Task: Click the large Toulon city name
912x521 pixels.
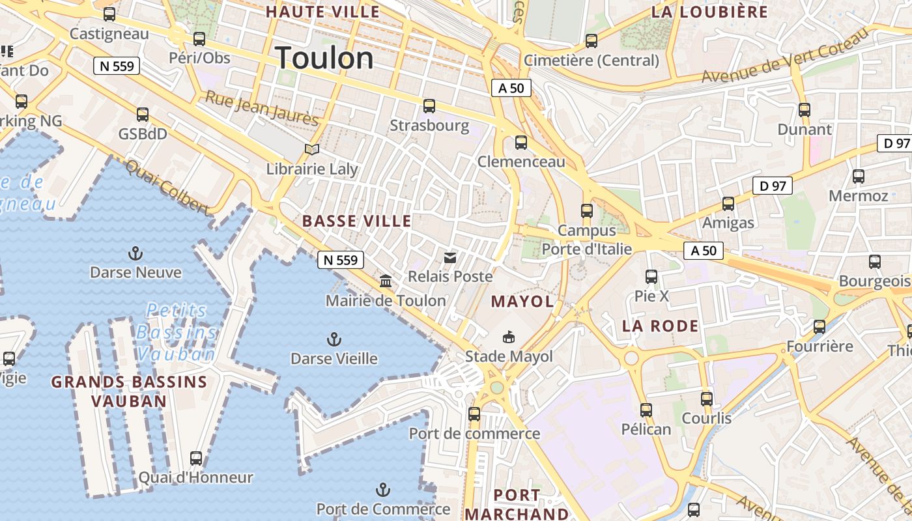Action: click(324, 59)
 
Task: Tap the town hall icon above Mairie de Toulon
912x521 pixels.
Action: click(386, 281)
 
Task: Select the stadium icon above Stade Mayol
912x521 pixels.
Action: click(508, 337)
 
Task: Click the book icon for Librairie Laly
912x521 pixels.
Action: click(312, 149)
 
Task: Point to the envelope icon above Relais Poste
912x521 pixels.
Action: click(449, 257)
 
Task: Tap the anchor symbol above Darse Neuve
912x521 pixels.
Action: click(135, 253)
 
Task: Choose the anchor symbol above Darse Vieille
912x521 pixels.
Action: click(334, 339)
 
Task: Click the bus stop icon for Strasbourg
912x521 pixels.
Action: click(429, 106)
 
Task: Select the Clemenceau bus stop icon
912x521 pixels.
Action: click(520, 142)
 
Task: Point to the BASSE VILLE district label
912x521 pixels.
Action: click(357, 221)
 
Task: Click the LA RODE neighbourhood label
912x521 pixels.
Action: click(660, 326)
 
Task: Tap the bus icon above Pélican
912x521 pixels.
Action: click(646, 410)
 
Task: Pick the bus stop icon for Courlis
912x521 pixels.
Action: click(707, 399)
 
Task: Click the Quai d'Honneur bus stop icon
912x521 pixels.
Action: click(195, 458)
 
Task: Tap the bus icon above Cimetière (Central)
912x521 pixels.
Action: click(591, 40)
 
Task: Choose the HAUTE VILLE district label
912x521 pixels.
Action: click(322, 12)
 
